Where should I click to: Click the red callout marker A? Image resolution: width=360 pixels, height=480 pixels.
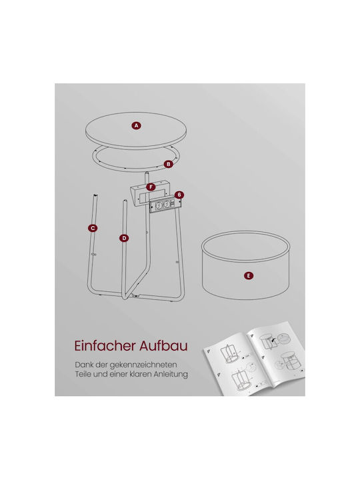[137, 125]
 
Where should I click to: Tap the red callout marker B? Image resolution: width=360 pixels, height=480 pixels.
[168, 164]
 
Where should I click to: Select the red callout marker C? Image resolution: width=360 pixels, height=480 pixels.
[93, 228]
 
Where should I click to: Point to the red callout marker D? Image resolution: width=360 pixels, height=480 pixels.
[124, 238]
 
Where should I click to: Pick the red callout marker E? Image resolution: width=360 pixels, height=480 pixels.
[249, 275]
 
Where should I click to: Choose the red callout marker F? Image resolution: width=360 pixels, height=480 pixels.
[150, 187]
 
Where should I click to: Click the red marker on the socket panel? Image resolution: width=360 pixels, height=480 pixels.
[179, 195]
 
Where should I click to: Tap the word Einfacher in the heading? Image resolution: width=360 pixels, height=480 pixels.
[105, 346]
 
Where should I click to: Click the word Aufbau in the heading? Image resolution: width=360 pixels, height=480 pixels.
[163, 346]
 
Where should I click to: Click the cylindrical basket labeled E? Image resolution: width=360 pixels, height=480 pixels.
[246, 265]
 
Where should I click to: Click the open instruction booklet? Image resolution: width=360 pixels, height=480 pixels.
[255, 359]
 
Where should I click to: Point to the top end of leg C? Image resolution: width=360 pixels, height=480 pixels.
[95, 195]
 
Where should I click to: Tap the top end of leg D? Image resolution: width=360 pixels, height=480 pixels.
[125, 201]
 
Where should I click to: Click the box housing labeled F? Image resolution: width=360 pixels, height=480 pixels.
[149, 193]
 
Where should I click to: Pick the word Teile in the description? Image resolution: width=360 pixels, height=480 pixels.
[83, 374]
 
